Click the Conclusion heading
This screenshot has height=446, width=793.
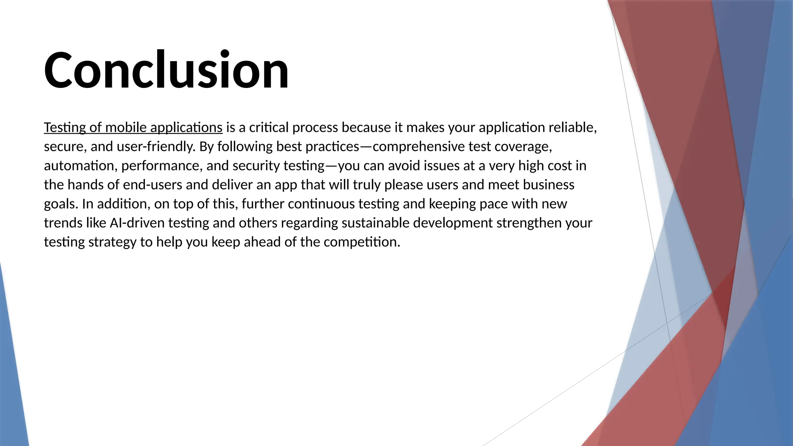point(166,70)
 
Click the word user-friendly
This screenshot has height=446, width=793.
point(156,147)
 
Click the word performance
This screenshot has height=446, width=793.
point(161,166)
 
